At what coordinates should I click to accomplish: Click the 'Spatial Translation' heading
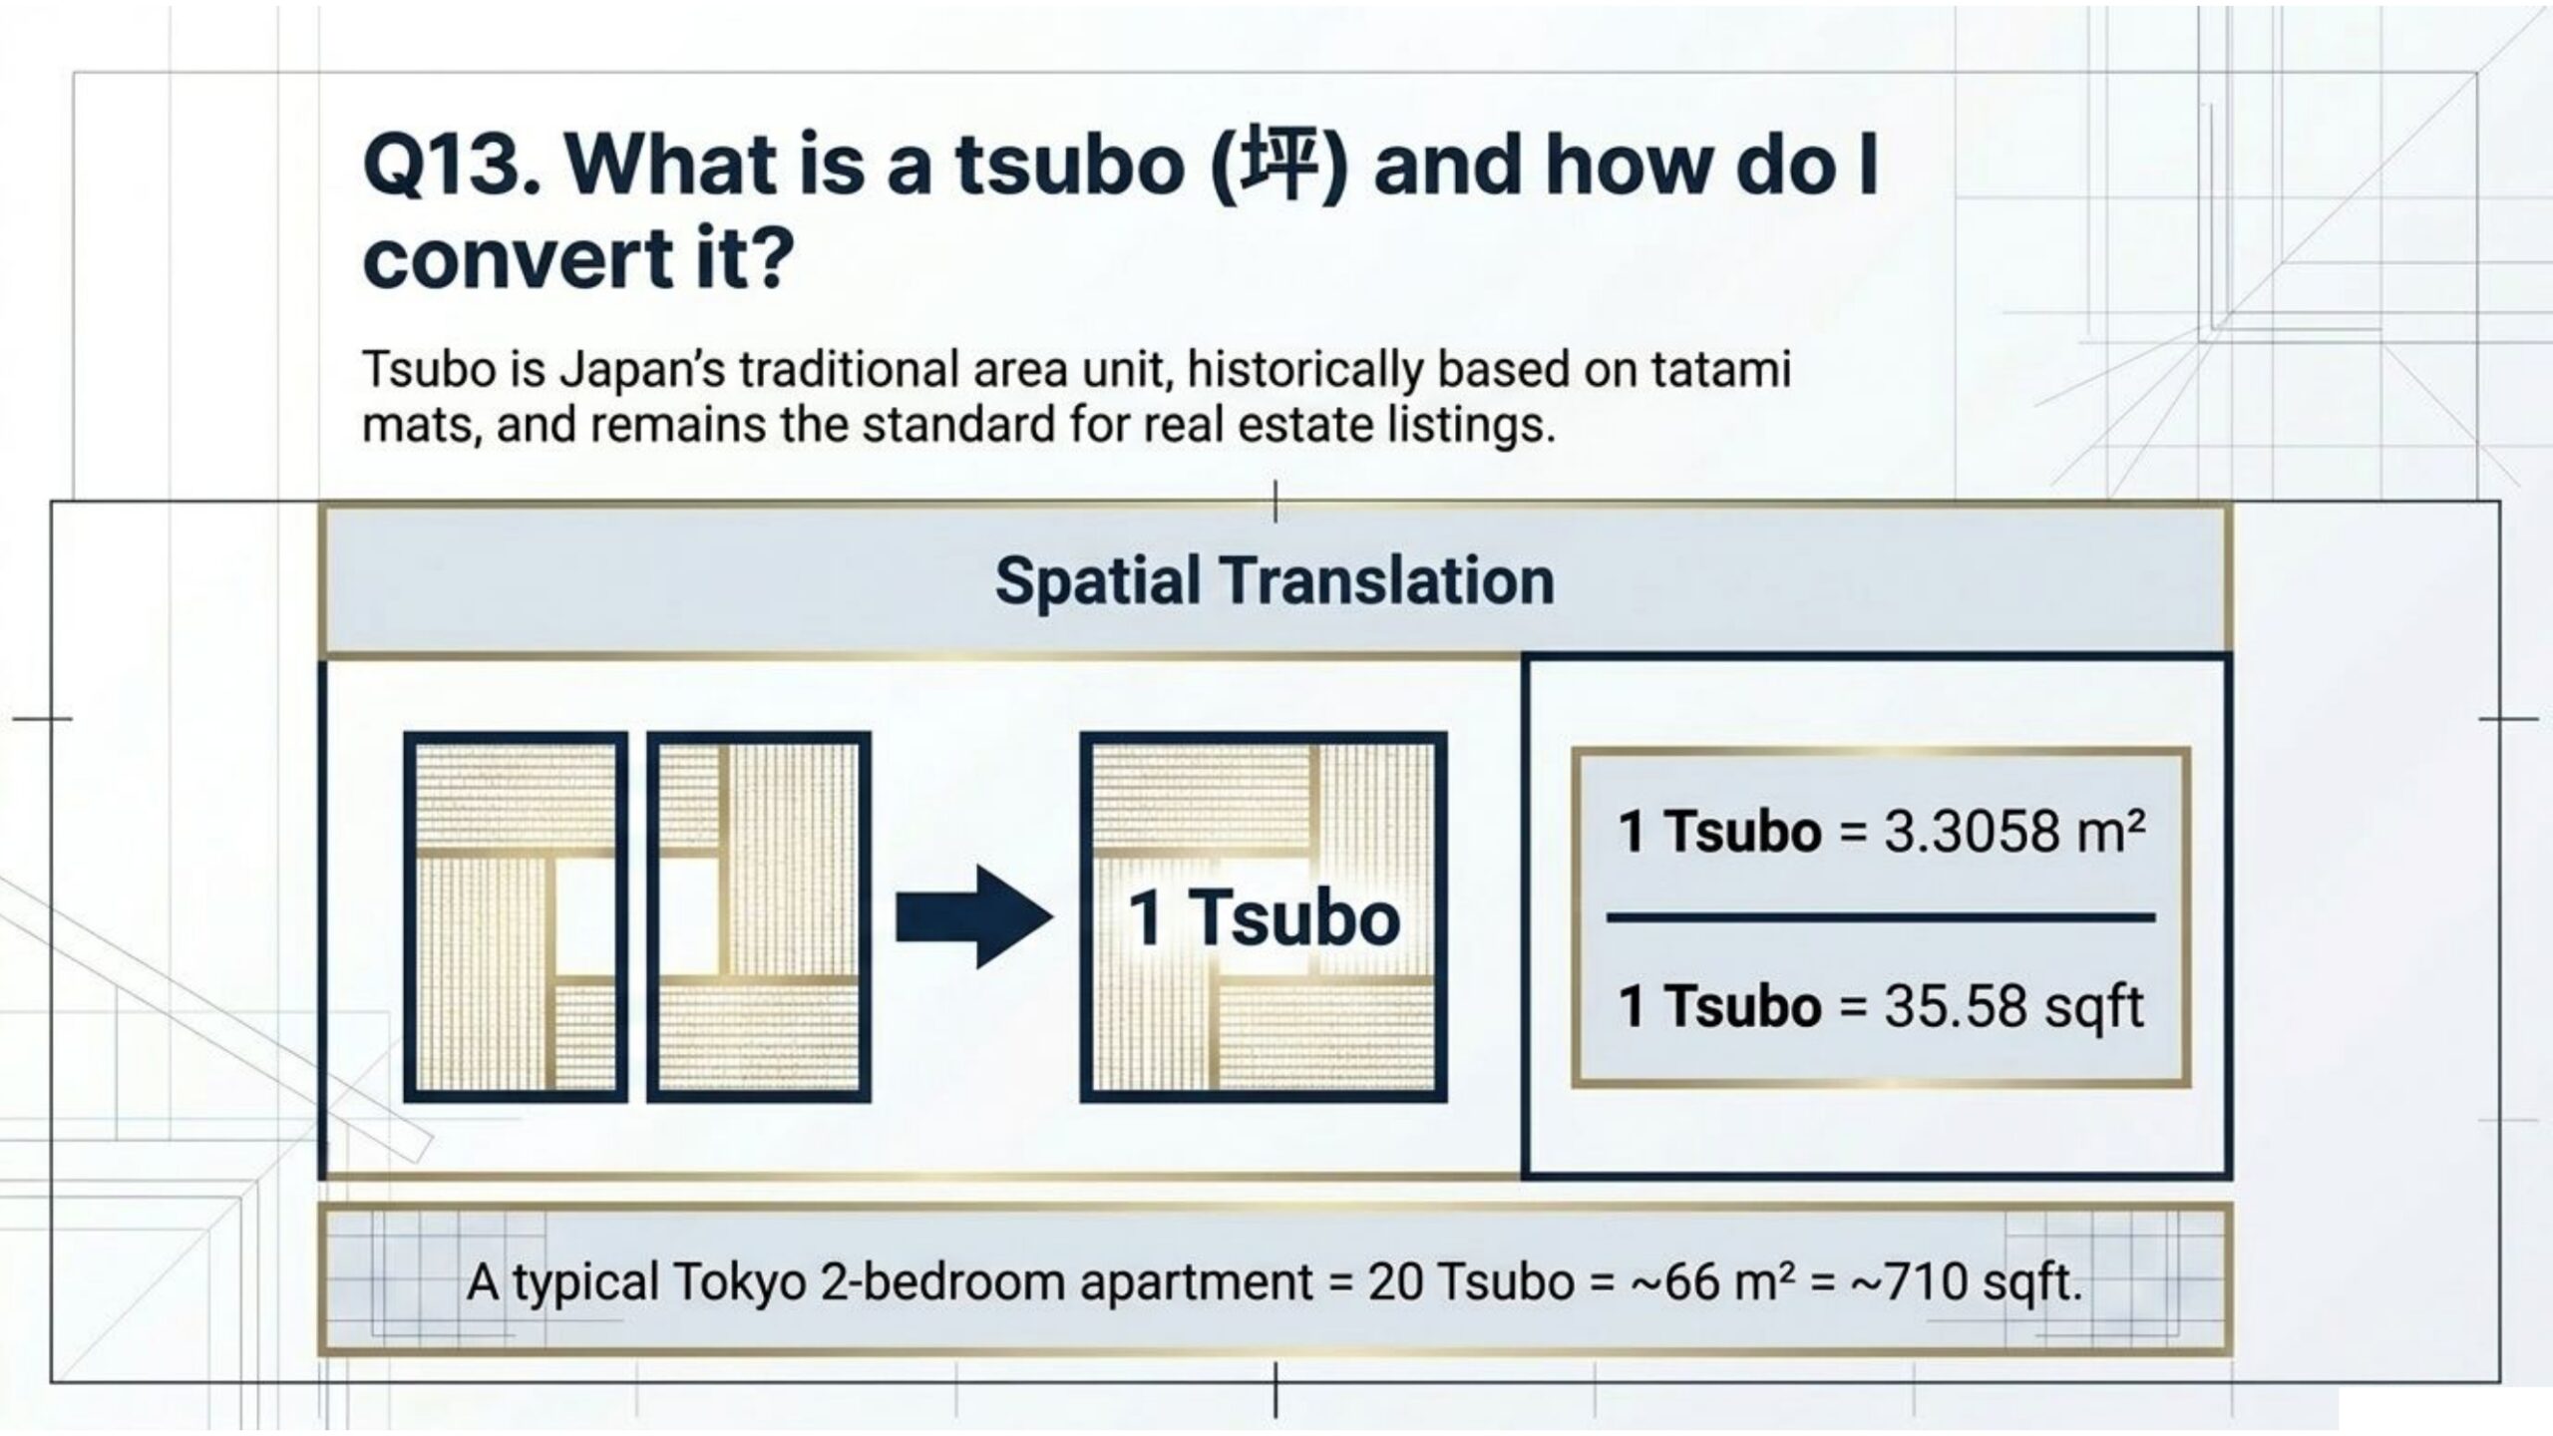pos(1275,581)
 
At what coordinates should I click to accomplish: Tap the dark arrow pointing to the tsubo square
pos(974,916)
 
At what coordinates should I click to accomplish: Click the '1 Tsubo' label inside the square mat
pos(1265,918)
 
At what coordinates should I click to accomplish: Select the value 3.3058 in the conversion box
pos(1969,831)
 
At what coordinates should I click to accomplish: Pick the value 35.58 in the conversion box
pos(1955,1006)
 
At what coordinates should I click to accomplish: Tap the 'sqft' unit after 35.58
pos(2093,1007)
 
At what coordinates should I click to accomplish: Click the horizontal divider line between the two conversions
pos(1881,916)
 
